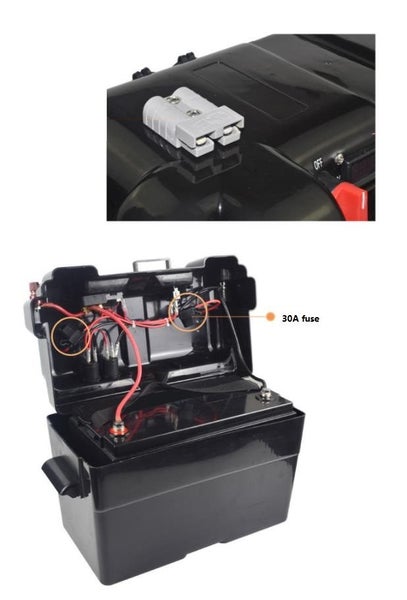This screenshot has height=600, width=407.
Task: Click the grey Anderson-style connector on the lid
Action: (x=193, y=121)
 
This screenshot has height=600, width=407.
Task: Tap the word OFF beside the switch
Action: (x=318, y=163)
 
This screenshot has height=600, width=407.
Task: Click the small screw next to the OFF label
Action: (x=339, y=158)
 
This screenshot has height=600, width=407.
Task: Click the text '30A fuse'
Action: (x=300, y=318)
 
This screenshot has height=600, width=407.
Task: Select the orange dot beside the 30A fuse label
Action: (x=270, y=317)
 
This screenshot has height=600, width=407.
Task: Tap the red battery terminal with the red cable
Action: (x=120, y=430)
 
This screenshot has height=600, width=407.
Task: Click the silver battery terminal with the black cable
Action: (x=265, y=394)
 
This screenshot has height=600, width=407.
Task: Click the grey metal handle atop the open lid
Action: (x=151, y=265)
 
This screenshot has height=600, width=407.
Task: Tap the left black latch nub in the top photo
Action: (x=142, y=73)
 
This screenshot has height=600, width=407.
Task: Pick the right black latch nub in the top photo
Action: (x=186, y=60)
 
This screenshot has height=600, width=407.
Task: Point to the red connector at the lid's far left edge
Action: (x=33, y=289)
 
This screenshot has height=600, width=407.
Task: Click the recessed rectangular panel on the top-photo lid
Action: (x=251, y=89)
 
